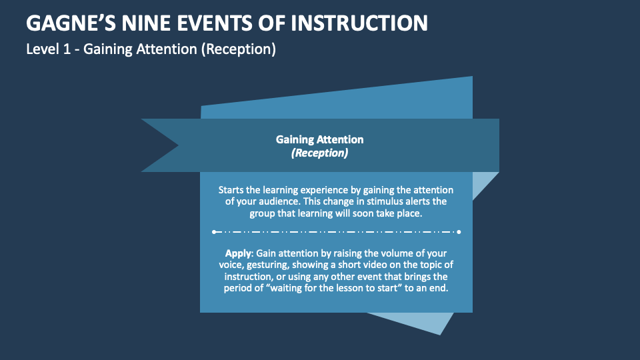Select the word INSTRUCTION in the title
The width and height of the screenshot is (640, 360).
click(x=360, y=24)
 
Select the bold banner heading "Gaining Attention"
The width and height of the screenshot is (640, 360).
click(x=319, y=140)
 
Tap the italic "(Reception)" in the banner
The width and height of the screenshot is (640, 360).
click(x=319, y=153)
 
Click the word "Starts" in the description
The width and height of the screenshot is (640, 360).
click(x=233, y=190)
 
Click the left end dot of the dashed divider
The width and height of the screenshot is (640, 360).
click(x=214, y=232)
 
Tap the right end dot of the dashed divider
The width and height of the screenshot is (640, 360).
click(x=459, y=232)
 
